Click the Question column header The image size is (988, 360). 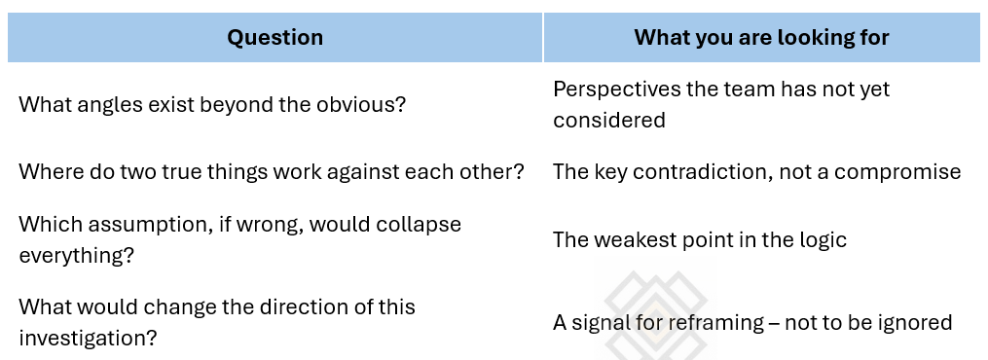(x=274, y=38)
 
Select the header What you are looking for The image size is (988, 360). (x=761, y=38)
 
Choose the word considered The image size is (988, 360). (x=609, y=120)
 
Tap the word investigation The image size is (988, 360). (x=88, y=338)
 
